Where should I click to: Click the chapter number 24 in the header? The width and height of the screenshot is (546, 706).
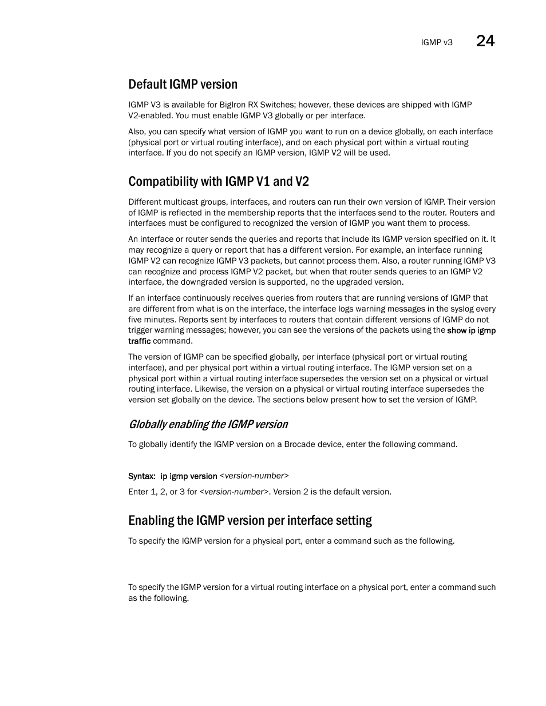485,41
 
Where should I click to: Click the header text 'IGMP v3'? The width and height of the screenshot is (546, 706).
437,43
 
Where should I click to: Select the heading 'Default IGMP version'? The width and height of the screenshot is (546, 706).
183,85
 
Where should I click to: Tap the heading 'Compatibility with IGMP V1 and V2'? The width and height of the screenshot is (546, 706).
219,182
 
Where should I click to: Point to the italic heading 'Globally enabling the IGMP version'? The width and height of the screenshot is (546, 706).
208,424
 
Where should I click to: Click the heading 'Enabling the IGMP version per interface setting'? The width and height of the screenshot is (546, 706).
250,520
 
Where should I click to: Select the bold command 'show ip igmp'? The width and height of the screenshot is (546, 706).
471,330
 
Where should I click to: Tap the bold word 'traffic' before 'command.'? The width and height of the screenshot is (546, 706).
139,341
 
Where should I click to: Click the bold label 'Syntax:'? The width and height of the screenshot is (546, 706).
141,476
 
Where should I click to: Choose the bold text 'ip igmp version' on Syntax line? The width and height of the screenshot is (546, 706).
189,476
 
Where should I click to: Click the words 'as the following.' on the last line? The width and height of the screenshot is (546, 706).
159,598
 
